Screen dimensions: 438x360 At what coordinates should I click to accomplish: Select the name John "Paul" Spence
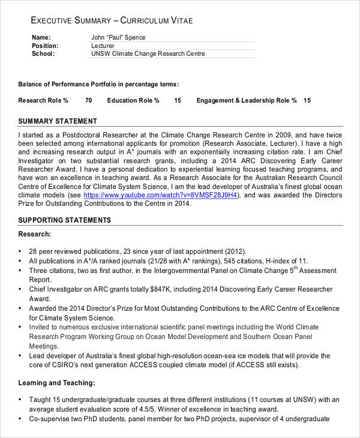click(118, 37)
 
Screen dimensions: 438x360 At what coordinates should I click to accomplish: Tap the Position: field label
click(45, 46)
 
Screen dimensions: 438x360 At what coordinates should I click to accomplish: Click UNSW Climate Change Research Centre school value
click(148, 53)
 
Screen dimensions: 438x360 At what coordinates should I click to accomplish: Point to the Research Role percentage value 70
click(88, 100)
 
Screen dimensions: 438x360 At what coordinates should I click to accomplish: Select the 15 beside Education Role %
click(178, 100)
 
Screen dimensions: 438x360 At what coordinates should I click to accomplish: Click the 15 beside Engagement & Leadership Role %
click(307, 100)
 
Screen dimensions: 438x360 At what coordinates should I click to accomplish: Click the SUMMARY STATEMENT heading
click(58, 121)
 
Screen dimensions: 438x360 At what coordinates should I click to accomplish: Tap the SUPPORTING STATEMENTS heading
click(65, 220)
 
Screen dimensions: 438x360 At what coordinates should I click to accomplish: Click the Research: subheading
click(34, 234)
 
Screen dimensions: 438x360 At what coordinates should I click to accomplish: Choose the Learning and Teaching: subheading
click(57, 382)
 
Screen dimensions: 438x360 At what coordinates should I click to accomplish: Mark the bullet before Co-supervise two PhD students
click(21, 419)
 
